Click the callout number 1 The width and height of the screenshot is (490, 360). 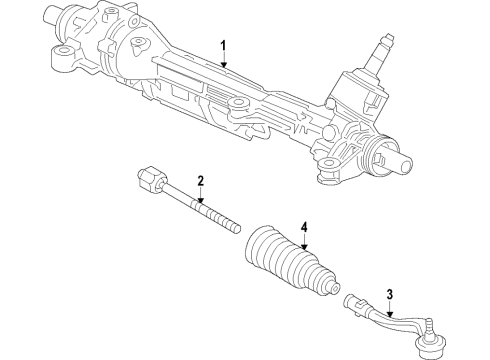click(x=224, y=45)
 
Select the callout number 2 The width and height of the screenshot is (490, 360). click(x=201, y=181)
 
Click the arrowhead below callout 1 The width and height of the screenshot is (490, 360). click(x=224, y=66)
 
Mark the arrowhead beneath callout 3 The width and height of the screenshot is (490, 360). click(x=390, y=312)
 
